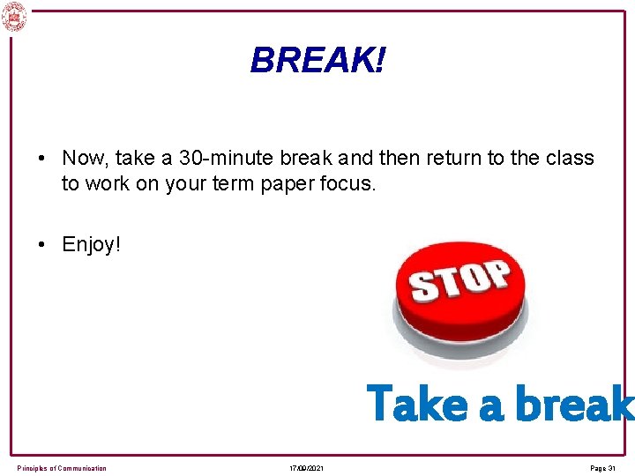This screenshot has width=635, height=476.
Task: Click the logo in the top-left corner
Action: [x=15, y=17]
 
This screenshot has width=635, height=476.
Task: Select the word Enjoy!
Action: [x=90, y=244]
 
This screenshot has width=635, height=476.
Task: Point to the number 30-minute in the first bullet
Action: [x=228, y=159]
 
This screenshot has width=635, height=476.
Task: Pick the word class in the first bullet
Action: [x=570, y=159]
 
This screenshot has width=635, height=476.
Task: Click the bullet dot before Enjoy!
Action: [x=42, y=245]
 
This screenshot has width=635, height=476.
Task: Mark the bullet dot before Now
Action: [x=42, y=160]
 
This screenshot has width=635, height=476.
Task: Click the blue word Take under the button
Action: [x=417, y=404]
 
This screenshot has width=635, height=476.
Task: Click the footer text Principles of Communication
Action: [x=62, y=468]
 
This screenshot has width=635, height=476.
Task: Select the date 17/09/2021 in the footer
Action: [x=306, y=468]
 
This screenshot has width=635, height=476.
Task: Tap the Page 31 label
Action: [x=602, y=468]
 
